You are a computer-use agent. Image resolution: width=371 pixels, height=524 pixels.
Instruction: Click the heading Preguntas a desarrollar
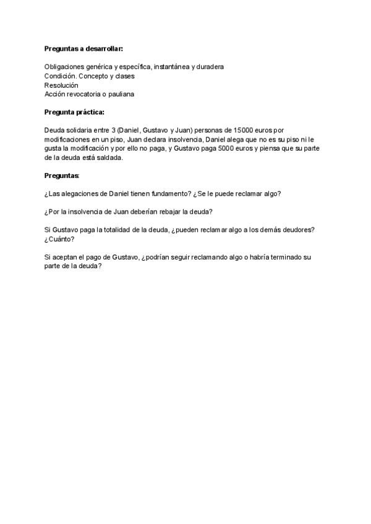click(83, 48)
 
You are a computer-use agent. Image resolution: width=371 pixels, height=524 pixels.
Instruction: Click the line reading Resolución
click(61, 85)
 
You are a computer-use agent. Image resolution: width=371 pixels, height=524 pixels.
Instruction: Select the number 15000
click(239, 130)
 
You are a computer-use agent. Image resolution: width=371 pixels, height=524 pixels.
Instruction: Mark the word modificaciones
click(69, 140)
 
